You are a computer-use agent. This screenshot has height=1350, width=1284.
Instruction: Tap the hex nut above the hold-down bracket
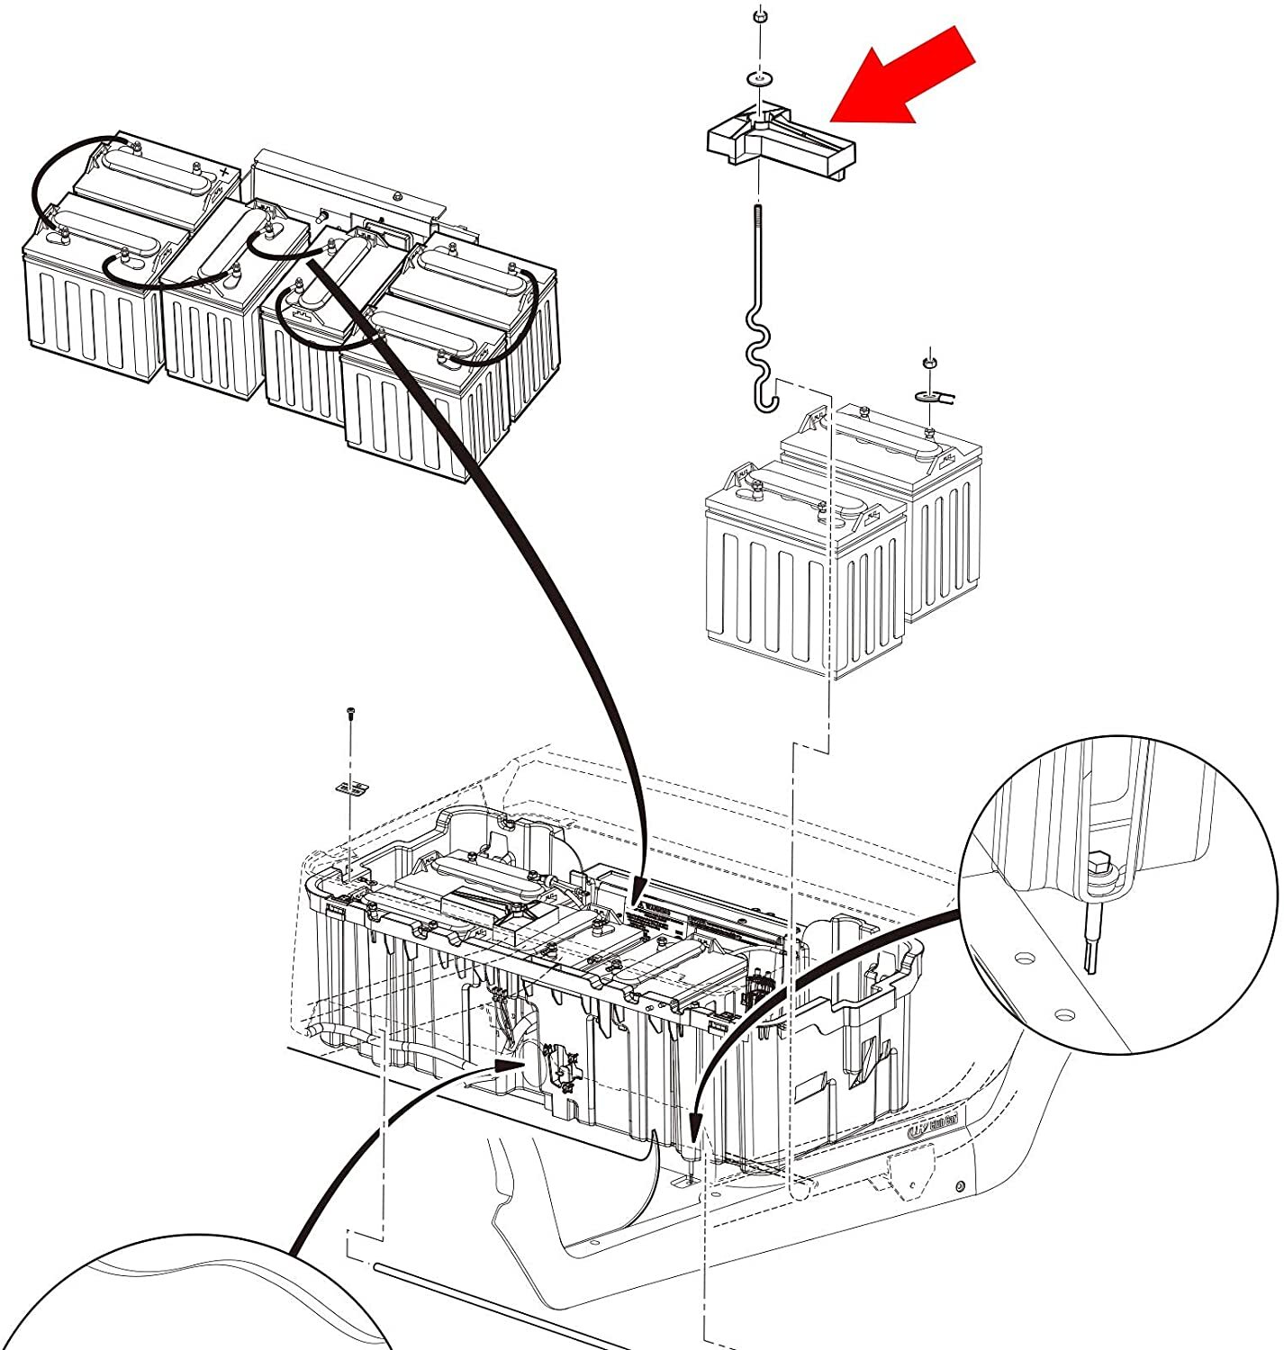759,15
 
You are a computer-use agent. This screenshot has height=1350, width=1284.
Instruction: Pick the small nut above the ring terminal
927,362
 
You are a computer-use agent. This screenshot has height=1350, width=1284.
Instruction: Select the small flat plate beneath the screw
353,787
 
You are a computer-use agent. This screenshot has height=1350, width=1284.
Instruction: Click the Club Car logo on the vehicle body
933,1126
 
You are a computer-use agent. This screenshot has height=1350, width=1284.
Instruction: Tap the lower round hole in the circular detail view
1066,1014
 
